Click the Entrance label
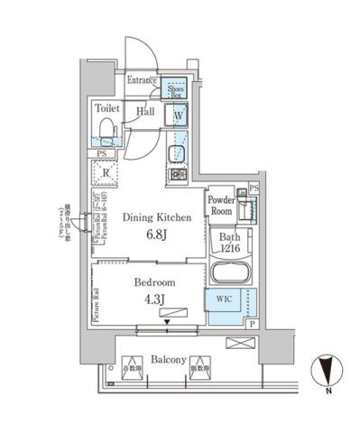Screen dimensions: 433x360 143,80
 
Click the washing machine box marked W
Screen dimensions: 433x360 178,115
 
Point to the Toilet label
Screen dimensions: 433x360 107,106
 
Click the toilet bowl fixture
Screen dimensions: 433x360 107,133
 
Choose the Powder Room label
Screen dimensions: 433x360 221,204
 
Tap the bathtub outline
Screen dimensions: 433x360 231,273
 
